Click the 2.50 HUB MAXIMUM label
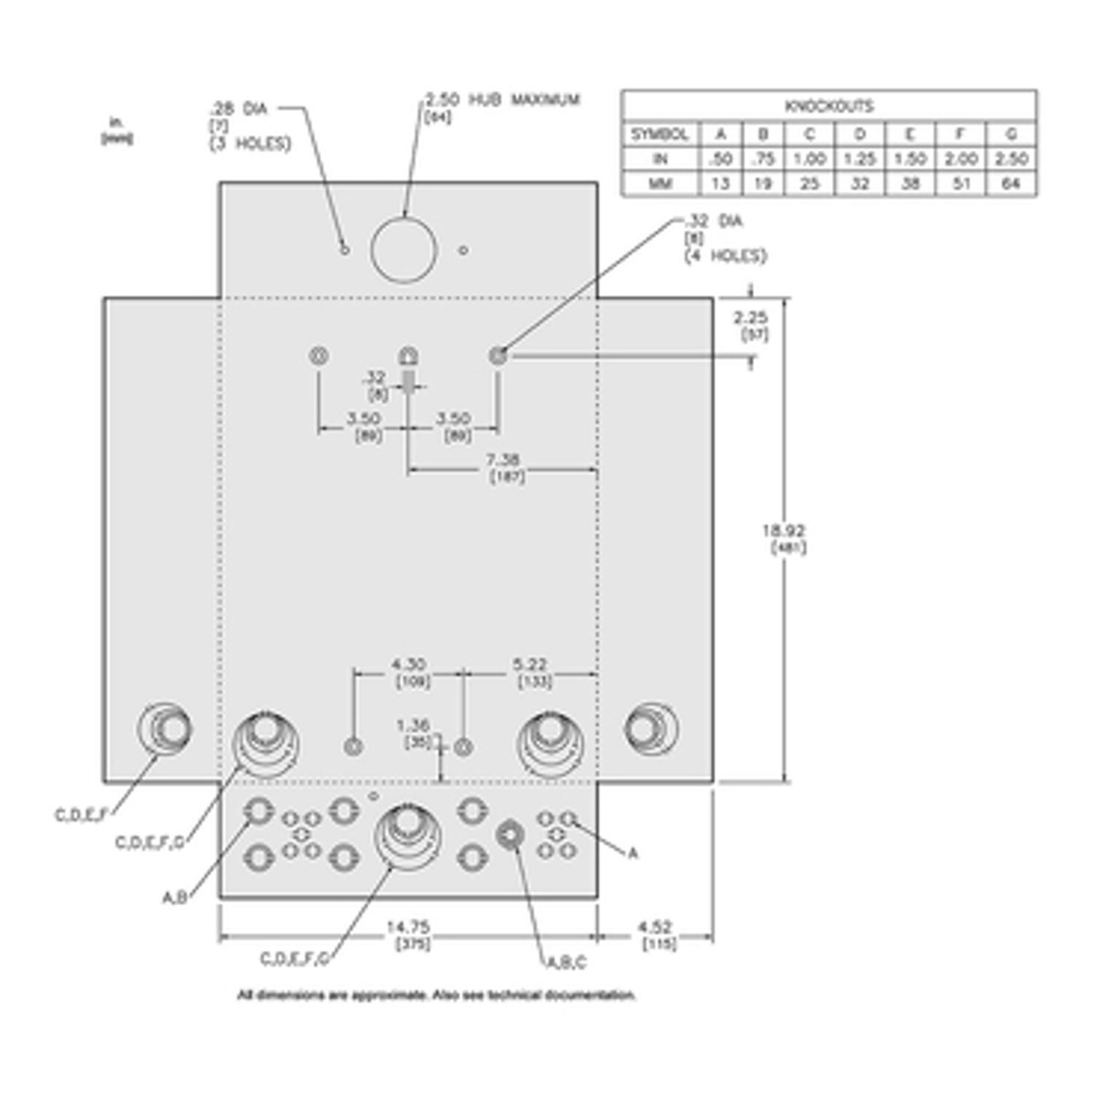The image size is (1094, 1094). pos(502,99)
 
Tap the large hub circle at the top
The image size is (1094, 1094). pos(403,249)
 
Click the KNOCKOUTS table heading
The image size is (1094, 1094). pos(829,106)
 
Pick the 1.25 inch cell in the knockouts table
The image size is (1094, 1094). pos(860,159)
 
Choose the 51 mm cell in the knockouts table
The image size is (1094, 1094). pos(960,183)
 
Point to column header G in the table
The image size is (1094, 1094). pos(1011,133)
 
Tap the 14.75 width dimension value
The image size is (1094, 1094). pos(408,927)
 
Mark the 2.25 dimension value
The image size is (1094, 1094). pos(750,316)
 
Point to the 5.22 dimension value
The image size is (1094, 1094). pos(531,665)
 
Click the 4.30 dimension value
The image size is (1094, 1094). pos(408,665)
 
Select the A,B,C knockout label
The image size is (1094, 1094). pos(566,962)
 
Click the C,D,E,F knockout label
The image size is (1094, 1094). pos(87,814)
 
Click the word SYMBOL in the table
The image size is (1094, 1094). pos(659,133)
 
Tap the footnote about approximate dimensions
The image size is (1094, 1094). pos(437,995)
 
